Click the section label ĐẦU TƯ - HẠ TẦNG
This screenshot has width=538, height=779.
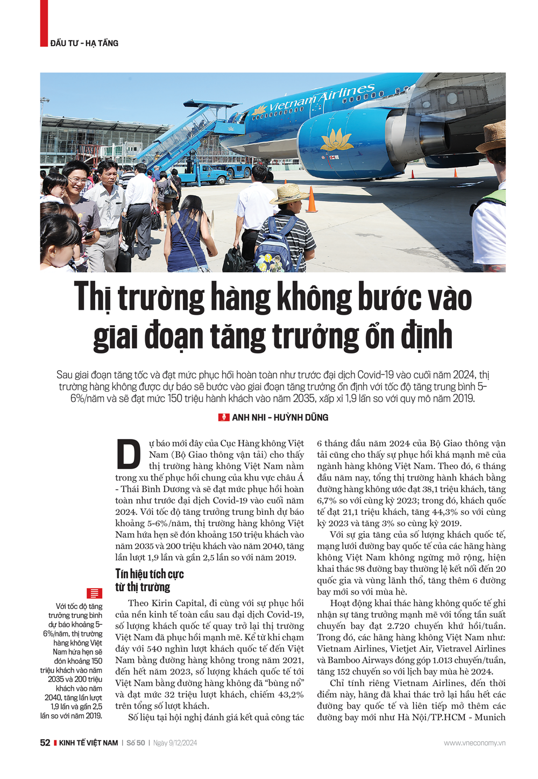pyautogui.click(x=84, y=43)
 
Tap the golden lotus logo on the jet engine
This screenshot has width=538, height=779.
pyautogui.click(x=337, y=140)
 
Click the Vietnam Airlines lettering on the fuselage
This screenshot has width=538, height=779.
pyautogui.click(x=321, y=98)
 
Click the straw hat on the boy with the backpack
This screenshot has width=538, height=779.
pyautogui.click(x=289, y=194)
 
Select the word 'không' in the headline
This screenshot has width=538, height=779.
pyautogui.click(x=321, y=298)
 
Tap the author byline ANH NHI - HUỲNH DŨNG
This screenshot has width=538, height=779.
pyautogui.click(x=280, y=417)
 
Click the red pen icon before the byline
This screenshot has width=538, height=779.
pyautogui.click(x=223, y=417)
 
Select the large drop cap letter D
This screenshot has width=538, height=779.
pyautogui.click(x=129, y=455)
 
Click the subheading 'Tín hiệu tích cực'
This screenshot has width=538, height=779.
pyautogui.click(x=150, y=574)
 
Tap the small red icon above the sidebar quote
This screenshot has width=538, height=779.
pyautogui.click(x=95, y=593)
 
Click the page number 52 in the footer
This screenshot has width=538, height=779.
pyautogui.click(x=45, y=743)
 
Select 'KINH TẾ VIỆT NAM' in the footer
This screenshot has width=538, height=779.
pyautogui.click(x=88, y=743)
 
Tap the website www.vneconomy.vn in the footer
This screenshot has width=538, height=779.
pyautogui.click(x=475, y=743)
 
